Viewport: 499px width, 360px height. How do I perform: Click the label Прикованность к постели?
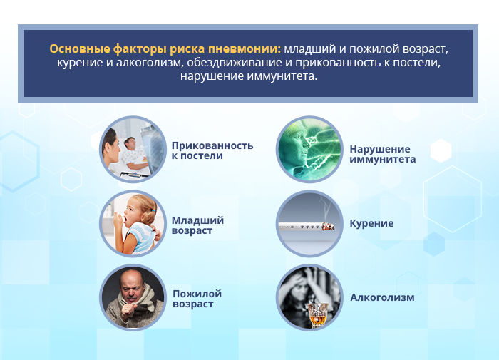212,150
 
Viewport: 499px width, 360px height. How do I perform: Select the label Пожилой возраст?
197,299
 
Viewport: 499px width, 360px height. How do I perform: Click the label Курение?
371,223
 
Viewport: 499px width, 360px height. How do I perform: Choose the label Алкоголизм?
382,297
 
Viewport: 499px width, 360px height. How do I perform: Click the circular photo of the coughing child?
133,224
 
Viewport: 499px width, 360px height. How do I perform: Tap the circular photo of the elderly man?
133,297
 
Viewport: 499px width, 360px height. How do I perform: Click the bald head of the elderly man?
130,278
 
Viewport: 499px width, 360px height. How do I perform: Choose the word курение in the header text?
80,63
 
